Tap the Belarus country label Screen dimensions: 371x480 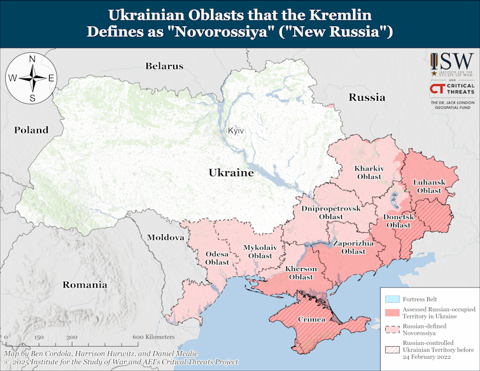coord(164,66)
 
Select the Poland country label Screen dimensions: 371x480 coord(31,130)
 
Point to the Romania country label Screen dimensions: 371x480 coord(85,284)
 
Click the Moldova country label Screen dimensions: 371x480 coord(166,237)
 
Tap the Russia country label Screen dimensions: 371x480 coord(367,97)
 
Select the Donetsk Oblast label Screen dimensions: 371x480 coord(399,221)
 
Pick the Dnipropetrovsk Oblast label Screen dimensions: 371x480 coord(330,213)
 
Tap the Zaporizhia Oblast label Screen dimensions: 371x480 coord(349,248)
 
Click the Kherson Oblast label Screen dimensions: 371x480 coord(301,273)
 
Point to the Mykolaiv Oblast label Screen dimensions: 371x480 coord(260,251)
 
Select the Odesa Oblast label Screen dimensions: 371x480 coord(216,258)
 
